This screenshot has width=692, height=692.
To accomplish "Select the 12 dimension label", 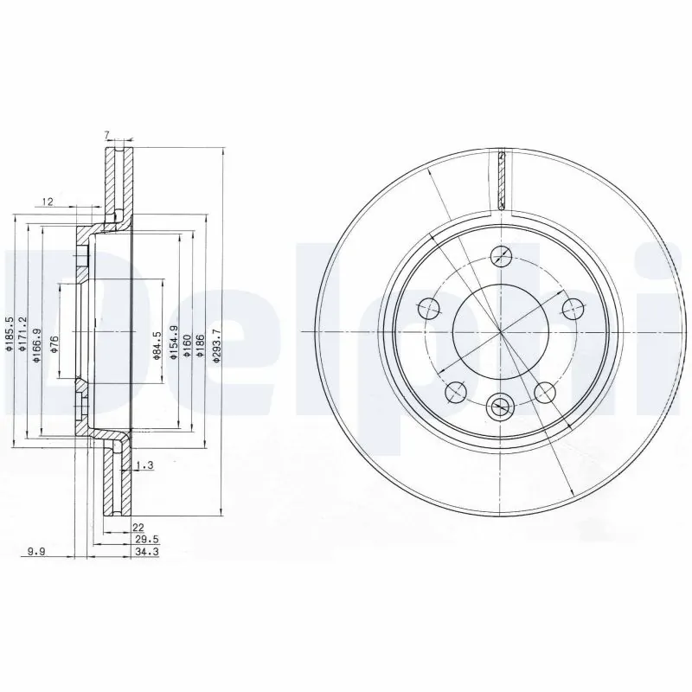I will point(48,202).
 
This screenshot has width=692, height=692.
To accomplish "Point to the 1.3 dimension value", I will point(144,466).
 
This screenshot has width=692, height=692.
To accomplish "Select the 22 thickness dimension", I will point(137,527).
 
